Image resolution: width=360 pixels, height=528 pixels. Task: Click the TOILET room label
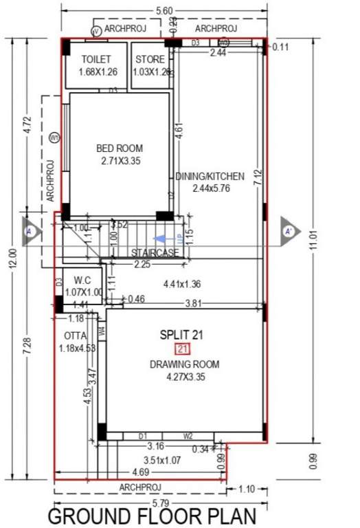(95, 60)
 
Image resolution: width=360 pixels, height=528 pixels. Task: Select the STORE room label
(150, 60)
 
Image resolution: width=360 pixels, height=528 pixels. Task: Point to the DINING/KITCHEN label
(209, 177)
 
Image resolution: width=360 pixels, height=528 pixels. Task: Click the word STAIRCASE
(155, 253)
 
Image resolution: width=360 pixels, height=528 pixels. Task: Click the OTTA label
(75, 335)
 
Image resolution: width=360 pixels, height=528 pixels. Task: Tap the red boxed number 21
(182, 349)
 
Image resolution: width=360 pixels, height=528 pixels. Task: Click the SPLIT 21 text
(182, 335)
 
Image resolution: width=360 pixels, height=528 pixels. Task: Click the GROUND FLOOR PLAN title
(152, 516)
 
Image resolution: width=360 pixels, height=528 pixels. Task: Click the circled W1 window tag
(55, 137)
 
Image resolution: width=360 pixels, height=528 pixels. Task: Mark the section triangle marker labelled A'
(289, 230)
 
